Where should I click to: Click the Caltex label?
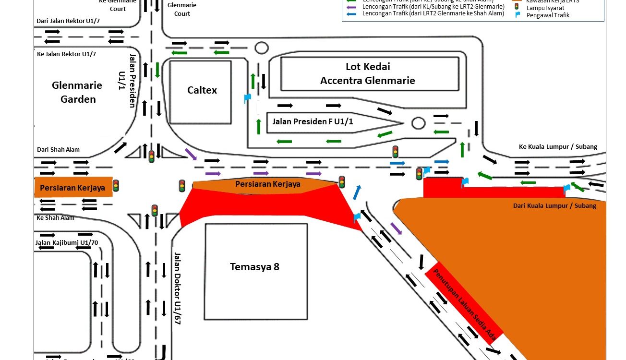[x=202, y=90]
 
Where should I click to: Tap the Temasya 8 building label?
[x=254, y=267]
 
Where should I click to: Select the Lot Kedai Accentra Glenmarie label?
[x=367, y=73]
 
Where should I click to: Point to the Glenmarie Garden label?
[x=77, y=92]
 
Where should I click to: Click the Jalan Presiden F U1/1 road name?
[x=313, y=122]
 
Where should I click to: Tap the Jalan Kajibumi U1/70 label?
[x=66, y=242]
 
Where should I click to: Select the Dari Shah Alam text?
[x=58, y=150]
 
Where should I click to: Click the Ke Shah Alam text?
[x=55, y=217]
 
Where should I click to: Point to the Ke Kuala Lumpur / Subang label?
[x=558, y=147]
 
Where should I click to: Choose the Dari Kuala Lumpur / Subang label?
[x=554, y=205]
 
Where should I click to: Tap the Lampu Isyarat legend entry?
[x=544, y=8]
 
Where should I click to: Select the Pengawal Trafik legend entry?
[x=548, y=15]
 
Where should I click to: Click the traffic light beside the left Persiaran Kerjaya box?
[x=116, y=185]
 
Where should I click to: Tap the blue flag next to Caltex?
[x=247, y=98]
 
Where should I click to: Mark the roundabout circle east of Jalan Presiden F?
[x=418, y=123]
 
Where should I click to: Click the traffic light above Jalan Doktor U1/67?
[x=155, y=210]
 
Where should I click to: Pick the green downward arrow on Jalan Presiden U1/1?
[x=157, y=70]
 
